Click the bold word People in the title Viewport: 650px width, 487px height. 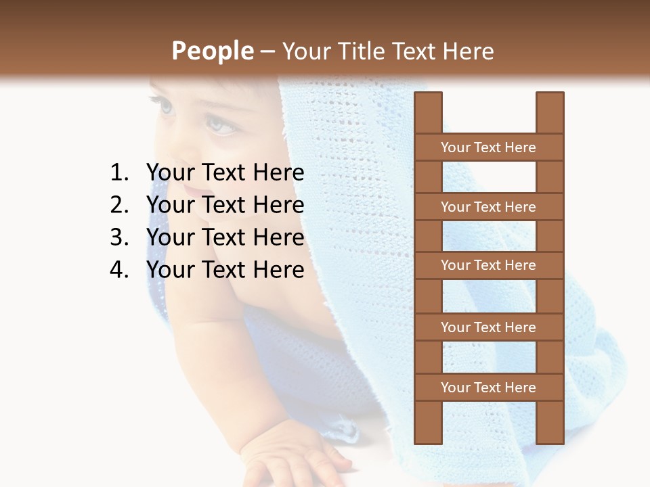pyautogui.click(x=213, y=51)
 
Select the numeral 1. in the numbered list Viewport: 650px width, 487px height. pyautogui.click(x=119, y=173)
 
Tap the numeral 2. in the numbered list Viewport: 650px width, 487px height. pyautogui.click(x=119, y=205)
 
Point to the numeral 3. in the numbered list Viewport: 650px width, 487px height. pyautogui.click(x=119, y=237)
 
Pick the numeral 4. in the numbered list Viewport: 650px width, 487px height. pyautogui.click(x=119, y=270)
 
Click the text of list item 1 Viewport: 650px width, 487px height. pyautogui.click(x=225, y=173)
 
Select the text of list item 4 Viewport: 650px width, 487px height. pyautogui.click(x=225, y=270)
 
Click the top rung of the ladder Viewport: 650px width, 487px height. pyautogui.click(x=488, y=147)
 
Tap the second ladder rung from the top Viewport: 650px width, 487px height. pyautogui.click(x=488, y=207)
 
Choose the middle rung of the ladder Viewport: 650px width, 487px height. pyautogui.click(x=488, y=265)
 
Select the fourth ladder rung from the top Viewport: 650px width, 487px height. pyautogui.click(x=488, y=327)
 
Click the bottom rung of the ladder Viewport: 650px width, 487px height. pyautogui.click(x=488, y=388)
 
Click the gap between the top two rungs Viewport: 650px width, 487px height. pyautogui.click(x=489, y=177)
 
